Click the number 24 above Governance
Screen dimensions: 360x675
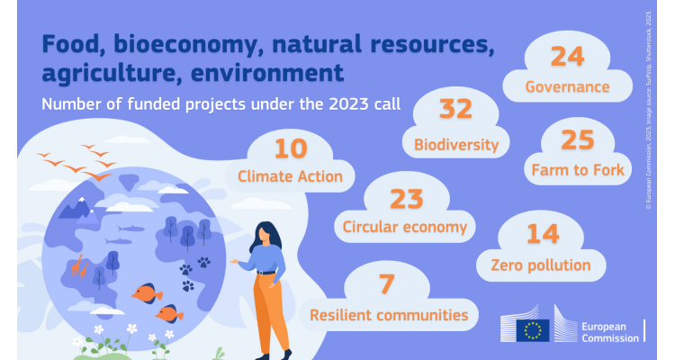[568, 56]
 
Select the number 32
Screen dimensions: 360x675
[455, 110]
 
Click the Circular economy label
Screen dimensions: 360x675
[403, 227]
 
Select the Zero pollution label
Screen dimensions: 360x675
[540, 265]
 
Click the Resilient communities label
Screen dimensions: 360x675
[389, 315]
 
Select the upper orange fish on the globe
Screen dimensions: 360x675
[148, 292]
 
